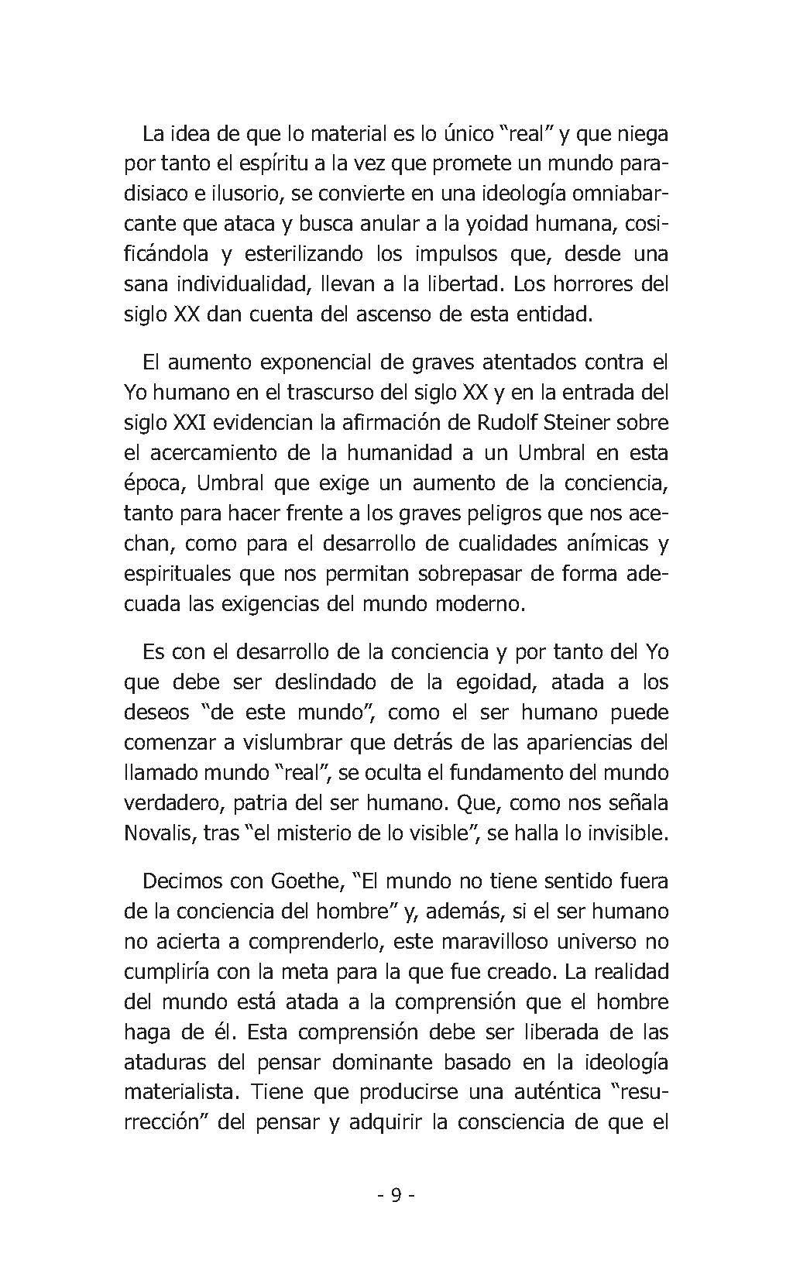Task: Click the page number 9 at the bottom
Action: pyautogui.click(x=396, y=1195)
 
